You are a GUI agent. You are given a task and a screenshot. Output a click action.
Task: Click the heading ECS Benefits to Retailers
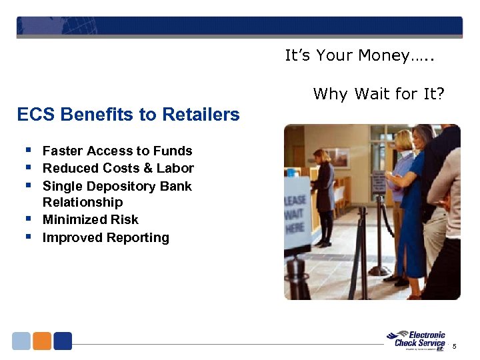pyautogui.click(x=128, y=115)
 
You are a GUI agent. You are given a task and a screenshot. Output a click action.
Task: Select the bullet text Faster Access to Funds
pyautogui.click(x=117, y=151)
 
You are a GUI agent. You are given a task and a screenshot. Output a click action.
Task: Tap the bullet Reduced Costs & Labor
pyautogui.click(x=118, y=169)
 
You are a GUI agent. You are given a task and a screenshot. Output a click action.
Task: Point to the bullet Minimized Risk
pyautogui.click(x=90, y=220)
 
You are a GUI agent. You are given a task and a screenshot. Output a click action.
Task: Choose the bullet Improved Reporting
pyautogui.click(x=105, y=238)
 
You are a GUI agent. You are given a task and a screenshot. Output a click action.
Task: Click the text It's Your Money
pyautogui.click(x=359, y=56)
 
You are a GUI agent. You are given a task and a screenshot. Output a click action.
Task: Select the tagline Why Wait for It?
pyautogui.click(x=378, y=94)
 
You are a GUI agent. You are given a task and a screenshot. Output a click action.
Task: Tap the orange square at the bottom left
pyautogui.click(x=42, y=341)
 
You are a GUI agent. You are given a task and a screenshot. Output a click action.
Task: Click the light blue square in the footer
pyautogui.click(x=21, y=341)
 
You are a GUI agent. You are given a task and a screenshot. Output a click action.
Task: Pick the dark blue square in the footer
pyautogui.click(x=63, y=341)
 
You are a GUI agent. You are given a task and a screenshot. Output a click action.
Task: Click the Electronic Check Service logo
pyautogui.click(x=417, y=340)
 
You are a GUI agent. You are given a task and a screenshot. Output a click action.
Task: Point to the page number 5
pyautogui.click(x=455, y=347)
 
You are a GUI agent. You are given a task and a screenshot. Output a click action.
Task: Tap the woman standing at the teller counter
pyautogui.click(x=324, y=193)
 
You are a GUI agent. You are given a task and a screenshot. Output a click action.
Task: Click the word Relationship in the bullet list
pyautogui.click(x=83, y=203)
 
